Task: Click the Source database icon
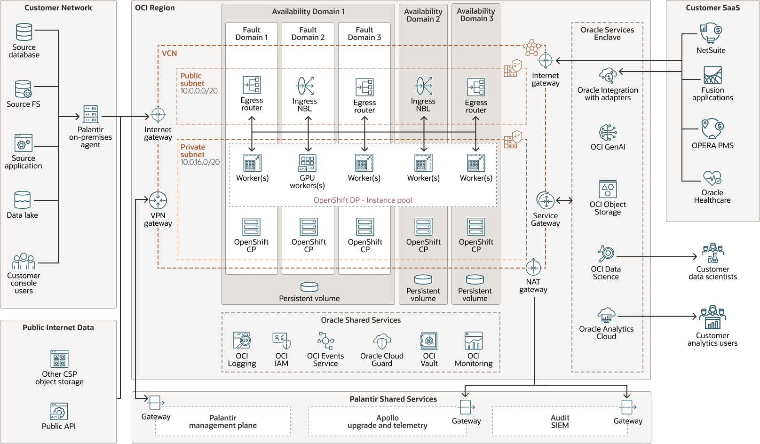24,32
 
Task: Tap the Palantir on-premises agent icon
90,114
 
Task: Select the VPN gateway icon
158,200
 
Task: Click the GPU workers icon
308,163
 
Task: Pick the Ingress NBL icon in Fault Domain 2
305,86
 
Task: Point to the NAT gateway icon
533,267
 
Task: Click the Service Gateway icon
546,201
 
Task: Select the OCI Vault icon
429,341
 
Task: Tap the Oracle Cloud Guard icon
382,341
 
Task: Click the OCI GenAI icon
608,133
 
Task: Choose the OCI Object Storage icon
608,189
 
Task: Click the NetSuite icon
711,33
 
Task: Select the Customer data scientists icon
712,254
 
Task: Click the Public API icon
59,411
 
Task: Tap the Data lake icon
23,200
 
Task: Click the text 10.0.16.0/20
200,162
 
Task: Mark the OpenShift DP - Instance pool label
363,200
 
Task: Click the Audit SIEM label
560,421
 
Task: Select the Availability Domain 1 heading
308,11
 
